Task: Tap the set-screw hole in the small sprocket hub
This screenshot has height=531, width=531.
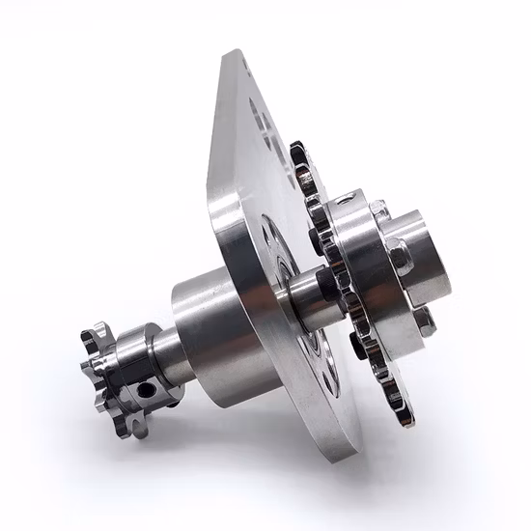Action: (146, 389)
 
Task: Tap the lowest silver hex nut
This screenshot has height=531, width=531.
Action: (426, 319)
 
